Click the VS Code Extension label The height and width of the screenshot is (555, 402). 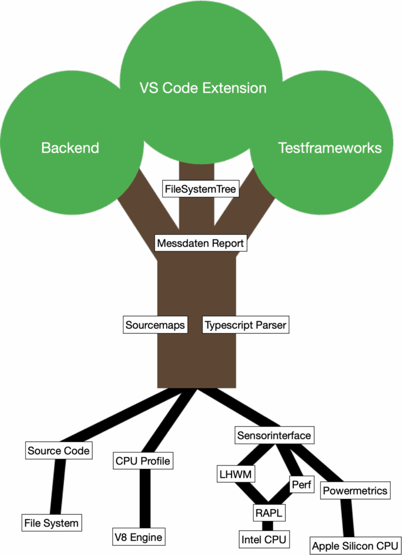[203, 88]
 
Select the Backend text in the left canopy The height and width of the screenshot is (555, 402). [70, 147]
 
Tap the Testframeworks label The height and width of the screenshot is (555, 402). [329, 147]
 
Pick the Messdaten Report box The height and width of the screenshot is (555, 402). [200, 243]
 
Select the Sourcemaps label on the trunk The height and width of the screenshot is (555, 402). [155, 325]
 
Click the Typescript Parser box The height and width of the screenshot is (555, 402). [245, 325]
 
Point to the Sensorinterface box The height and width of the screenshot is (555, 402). [274, 435]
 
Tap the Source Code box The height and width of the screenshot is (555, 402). [58, 450]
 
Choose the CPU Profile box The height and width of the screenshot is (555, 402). [142, 461]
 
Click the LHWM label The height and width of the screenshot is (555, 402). [236, 474]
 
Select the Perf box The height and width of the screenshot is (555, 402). [301, 485]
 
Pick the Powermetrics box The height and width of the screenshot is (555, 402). [355, 491]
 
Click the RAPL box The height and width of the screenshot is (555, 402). [269, 513]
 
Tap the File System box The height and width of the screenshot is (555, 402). [51, 523]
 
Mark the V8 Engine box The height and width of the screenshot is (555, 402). [138, 537]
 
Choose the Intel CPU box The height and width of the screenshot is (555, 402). [264, 539]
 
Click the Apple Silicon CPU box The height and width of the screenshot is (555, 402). [355, 545]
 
